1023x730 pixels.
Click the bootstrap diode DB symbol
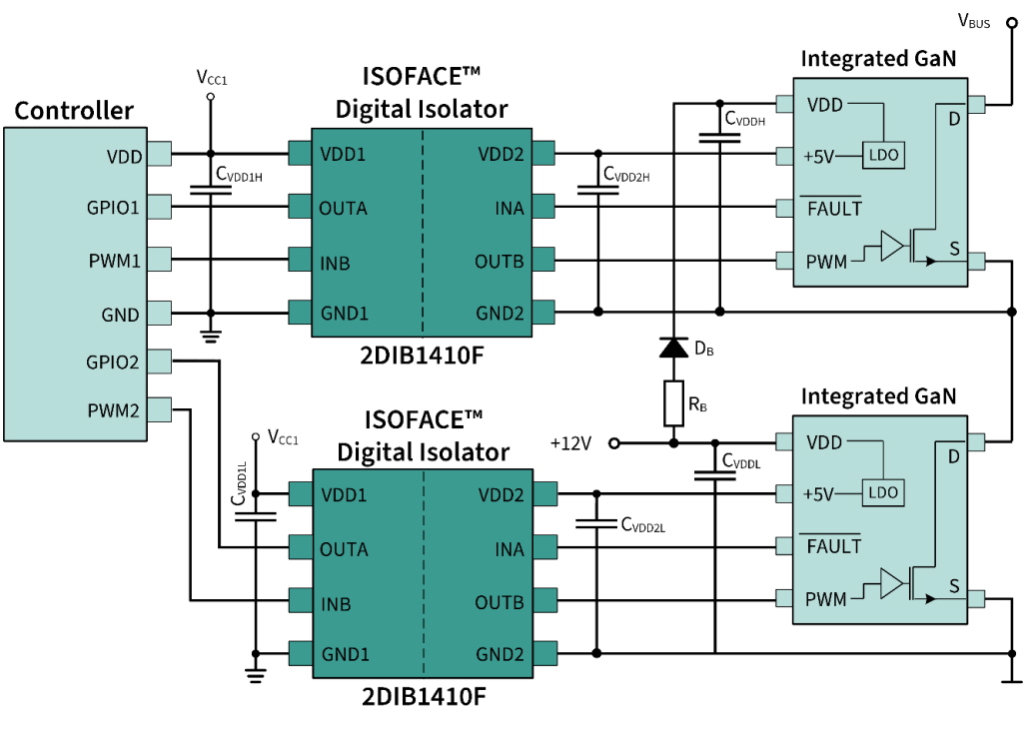(x=673, y=348)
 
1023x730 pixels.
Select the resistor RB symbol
(x=673, y=403)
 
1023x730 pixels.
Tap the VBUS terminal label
(x=973, y=22)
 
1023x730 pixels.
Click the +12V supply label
(x=570, y=443)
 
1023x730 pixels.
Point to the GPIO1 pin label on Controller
(x=113, y=208)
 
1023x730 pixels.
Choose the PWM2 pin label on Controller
(x=114, y=411)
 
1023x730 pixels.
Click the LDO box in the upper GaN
(x=883, y=155)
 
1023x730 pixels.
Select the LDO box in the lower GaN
(x=883, y=492)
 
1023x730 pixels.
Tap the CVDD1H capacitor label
(x=239, y=174)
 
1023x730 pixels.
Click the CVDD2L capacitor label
(x=642, y=524)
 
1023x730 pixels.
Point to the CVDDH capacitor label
(x=744, y=119)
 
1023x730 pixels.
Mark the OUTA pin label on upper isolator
(x=343, y=209)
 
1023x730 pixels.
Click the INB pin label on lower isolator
(x=336, y=605)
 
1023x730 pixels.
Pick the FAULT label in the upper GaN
(x=834, y=208)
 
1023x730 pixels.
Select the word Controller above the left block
(x=74, y=110)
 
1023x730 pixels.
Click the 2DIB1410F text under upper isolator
(x=423, y=356)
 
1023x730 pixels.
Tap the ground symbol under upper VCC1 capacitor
(x=210, y=337)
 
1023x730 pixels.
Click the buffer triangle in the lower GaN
(x=892, y=583)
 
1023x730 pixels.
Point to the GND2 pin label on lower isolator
(x=500, y=654)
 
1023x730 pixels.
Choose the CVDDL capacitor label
(x=741, y=460)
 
